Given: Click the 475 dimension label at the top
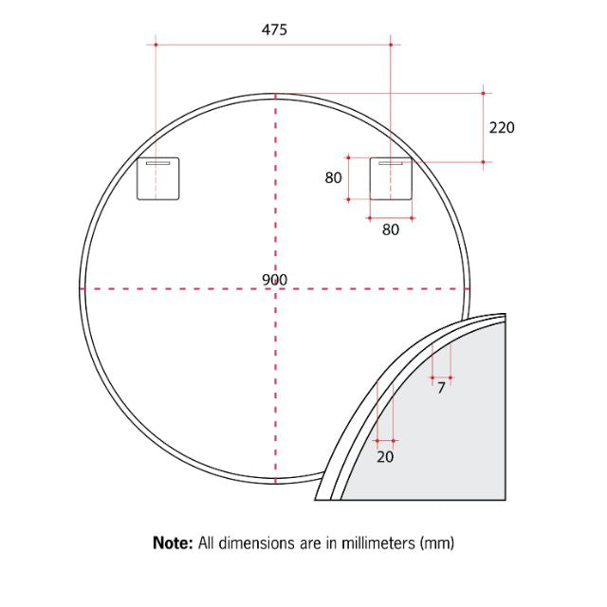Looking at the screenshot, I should [274, 29].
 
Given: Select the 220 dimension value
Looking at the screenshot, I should [502, 127].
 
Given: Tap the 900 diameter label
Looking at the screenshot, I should [275, 280].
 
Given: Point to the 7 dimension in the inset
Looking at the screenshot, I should [441, 388].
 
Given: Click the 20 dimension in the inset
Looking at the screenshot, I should [385, 456].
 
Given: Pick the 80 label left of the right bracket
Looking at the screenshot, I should [333, 177].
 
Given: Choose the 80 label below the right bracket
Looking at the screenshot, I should [391, 229].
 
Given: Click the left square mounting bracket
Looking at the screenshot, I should [158, 179].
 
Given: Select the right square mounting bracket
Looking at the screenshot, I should [391, 179].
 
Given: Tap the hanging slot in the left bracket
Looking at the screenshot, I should [158, 164].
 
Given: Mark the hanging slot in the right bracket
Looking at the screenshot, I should [391, 164].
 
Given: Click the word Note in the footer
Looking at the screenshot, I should [173, 543].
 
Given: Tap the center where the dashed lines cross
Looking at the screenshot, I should [275, 288].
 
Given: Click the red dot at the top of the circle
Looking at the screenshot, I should [275, 95].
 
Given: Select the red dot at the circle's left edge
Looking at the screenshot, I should [83, 288].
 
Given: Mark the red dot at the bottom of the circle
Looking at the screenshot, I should [275, 482].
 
